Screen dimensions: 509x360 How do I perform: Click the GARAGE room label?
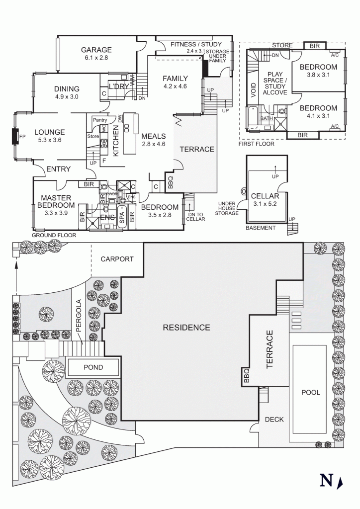pos(96,50)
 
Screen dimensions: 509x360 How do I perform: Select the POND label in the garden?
pos(93,367)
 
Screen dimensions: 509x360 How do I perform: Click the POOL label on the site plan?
pos(311,392)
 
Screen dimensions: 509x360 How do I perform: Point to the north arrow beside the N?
pos(340,481)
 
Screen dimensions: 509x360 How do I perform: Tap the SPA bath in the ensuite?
pos(122,220)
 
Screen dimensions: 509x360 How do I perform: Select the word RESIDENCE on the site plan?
pos(186,328)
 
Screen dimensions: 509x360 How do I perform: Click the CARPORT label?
pos(117,259)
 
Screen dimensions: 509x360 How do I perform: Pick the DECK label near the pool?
pos(274,420)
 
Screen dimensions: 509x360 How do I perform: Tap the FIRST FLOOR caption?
pos(257,144)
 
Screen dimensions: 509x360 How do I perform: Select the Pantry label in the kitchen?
pos(100,120)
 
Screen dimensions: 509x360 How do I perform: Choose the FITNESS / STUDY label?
pos(196,45)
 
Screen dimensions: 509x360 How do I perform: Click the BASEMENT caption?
pos(260,228)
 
